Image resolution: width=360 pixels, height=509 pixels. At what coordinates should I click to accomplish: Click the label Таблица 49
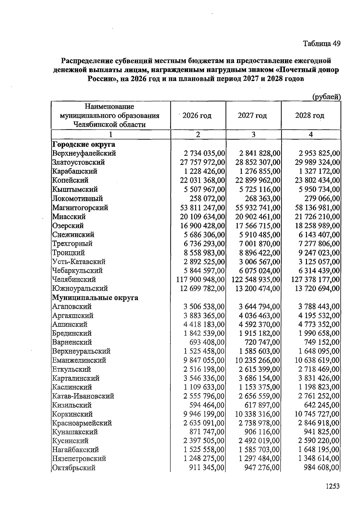tap(322, 44)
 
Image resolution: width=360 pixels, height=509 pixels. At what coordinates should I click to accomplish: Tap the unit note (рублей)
tap(326, 97)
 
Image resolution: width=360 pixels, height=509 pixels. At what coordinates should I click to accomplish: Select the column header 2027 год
tap(252, 116)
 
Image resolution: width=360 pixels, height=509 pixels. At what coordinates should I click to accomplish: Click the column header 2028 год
tap(310, 116)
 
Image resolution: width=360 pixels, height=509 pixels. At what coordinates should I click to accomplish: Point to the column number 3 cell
tap(253, 135)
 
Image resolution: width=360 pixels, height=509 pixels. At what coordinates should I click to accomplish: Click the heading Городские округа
tap(84, 144)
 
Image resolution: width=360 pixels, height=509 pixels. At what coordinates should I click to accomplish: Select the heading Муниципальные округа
tap(95, 298)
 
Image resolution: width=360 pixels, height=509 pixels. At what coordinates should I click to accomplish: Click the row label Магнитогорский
tap(80, 208)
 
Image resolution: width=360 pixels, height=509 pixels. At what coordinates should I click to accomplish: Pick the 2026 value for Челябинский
tap(200, 280)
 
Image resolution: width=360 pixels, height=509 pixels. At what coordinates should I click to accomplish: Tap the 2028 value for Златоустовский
tap(317, 162)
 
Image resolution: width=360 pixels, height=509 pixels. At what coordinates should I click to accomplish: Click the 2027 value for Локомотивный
tap(262, 199)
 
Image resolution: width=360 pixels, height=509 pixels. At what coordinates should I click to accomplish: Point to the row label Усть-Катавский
tap(79, 262)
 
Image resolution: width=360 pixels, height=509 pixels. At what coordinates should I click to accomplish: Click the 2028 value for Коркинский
tap(317, 414)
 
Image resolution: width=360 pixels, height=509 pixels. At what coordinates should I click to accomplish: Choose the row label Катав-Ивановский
tap(83, 396)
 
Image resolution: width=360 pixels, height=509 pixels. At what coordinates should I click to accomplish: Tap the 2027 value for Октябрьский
tap(262, 468)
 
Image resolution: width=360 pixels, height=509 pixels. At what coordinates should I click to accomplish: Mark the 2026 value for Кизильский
tap(207, 405)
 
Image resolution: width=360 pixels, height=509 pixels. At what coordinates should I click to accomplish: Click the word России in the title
tap(101, 79)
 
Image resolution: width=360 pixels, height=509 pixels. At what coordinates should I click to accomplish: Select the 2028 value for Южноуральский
tap(317, 289)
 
